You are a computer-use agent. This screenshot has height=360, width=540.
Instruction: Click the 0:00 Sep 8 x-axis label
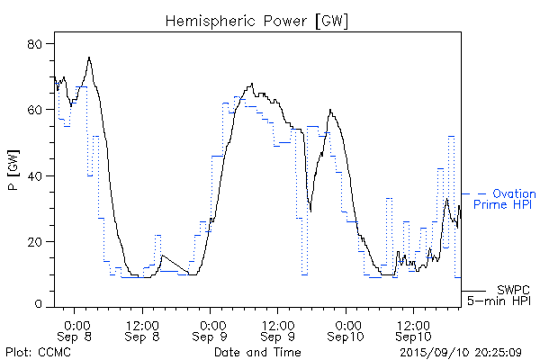coord(76,328)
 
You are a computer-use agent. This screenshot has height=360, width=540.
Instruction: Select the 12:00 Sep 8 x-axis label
coord(144,328)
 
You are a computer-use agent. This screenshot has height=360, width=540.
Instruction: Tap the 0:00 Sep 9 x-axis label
coord(211,328)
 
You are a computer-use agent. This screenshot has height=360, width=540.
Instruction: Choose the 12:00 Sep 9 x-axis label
coord(279,328)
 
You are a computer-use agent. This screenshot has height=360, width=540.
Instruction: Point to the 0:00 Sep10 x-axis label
coord(346,328)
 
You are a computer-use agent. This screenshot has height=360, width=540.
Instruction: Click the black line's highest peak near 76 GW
coord(89,58)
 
